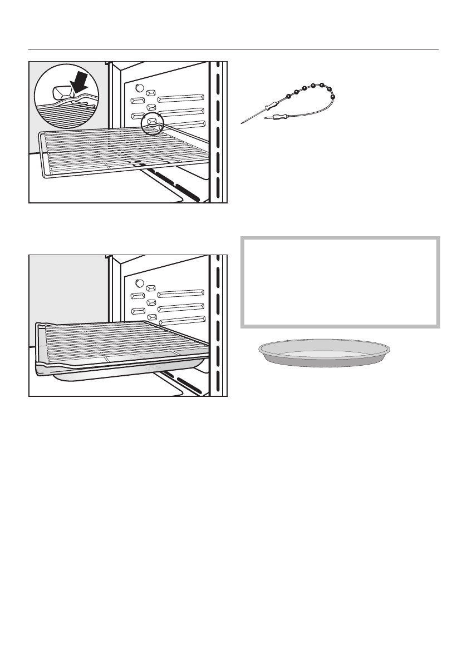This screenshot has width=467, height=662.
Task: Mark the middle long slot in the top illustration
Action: tap(181, 112)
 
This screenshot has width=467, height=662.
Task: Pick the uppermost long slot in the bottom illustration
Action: tap(181, 293)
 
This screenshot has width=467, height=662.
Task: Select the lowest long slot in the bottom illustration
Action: tap(181, 319)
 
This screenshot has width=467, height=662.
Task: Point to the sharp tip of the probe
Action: tap(243, 122)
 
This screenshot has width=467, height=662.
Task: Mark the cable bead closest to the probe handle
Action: tap(288, 96)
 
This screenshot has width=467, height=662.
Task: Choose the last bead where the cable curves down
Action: tap(332, 97)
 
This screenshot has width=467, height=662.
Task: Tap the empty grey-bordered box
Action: tap(340, 282)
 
